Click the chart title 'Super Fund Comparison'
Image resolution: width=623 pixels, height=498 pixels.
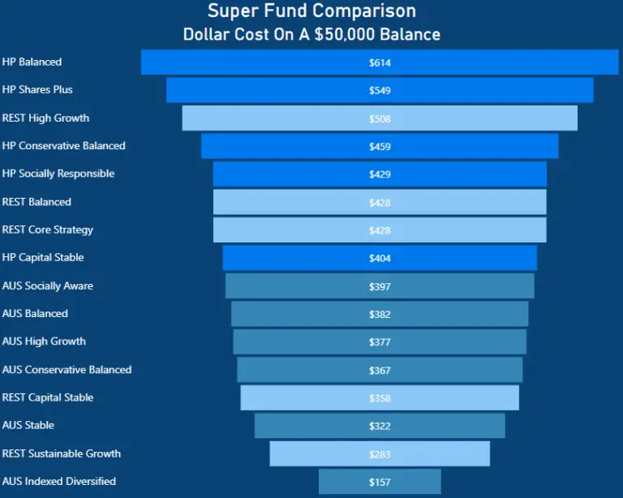tap(311, 11)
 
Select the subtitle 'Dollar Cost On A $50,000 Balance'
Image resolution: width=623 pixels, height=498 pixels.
tap(311, 35)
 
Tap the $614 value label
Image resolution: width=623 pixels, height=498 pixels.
tap(380, 62)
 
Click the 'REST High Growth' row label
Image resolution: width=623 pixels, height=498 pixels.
tap(45, 118)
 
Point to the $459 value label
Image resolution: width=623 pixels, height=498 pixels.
tap(380, 147)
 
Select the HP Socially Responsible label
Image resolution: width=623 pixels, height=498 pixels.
tap(58, 174)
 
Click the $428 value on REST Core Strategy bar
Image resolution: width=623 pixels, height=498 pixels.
tap(380, 230)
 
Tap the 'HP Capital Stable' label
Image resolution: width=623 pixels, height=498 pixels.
tap(43, 257)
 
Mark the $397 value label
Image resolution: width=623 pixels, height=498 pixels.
tap(380, 286)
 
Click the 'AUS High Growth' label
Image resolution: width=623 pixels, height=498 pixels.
tap(44, 341)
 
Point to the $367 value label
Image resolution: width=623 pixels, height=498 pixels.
tap(380, 371)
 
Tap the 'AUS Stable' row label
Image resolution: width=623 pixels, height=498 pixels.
tap(28, 425)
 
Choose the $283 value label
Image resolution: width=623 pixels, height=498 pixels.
tap(380, 454)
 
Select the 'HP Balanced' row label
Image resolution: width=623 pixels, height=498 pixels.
tap(32, 62)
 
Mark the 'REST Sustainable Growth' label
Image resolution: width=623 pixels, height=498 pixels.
tap(62, 453)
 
